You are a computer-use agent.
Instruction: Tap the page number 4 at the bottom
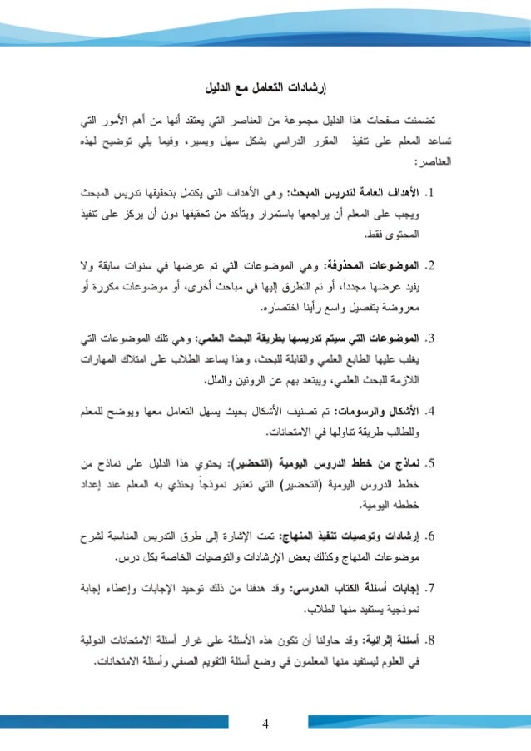pyautogui.click(x=265, y=721)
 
